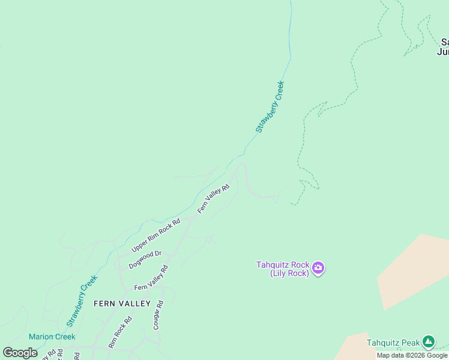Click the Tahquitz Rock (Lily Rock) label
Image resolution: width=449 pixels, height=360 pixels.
[x=283, y=268]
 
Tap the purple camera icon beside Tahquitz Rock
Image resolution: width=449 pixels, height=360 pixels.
[x=318, y=268]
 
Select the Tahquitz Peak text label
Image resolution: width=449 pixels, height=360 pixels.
[x=393, y=343]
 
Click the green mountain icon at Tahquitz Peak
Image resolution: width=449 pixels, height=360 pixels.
[x=428, y=342]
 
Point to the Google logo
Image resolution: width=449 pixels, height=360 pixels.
[x=20, y=353]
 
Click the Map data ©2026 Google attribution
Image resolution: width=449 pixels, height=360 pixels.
[x=412, y=356]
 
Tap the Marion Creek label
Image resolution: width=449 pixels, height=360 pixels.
[x=52, y=337]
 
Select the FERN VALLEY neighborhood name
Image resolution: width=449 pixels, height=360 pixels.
[x=122, y=304]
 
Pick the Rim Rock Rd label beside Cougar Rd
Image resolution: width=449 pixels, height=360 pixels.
[x=120, y=335]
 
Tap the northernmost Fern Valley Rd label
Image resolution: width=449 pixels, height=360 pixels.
[x=214, y=199]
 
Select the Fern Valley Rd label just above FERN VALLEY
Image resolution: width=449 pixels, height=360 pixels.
[x=151, y=277]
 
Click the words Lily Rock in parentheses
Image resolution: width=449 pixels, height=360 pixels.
[x=289, y=273]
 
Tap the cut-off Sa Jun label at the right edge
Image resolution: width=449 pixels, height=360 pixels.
[x=444, y=47]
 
